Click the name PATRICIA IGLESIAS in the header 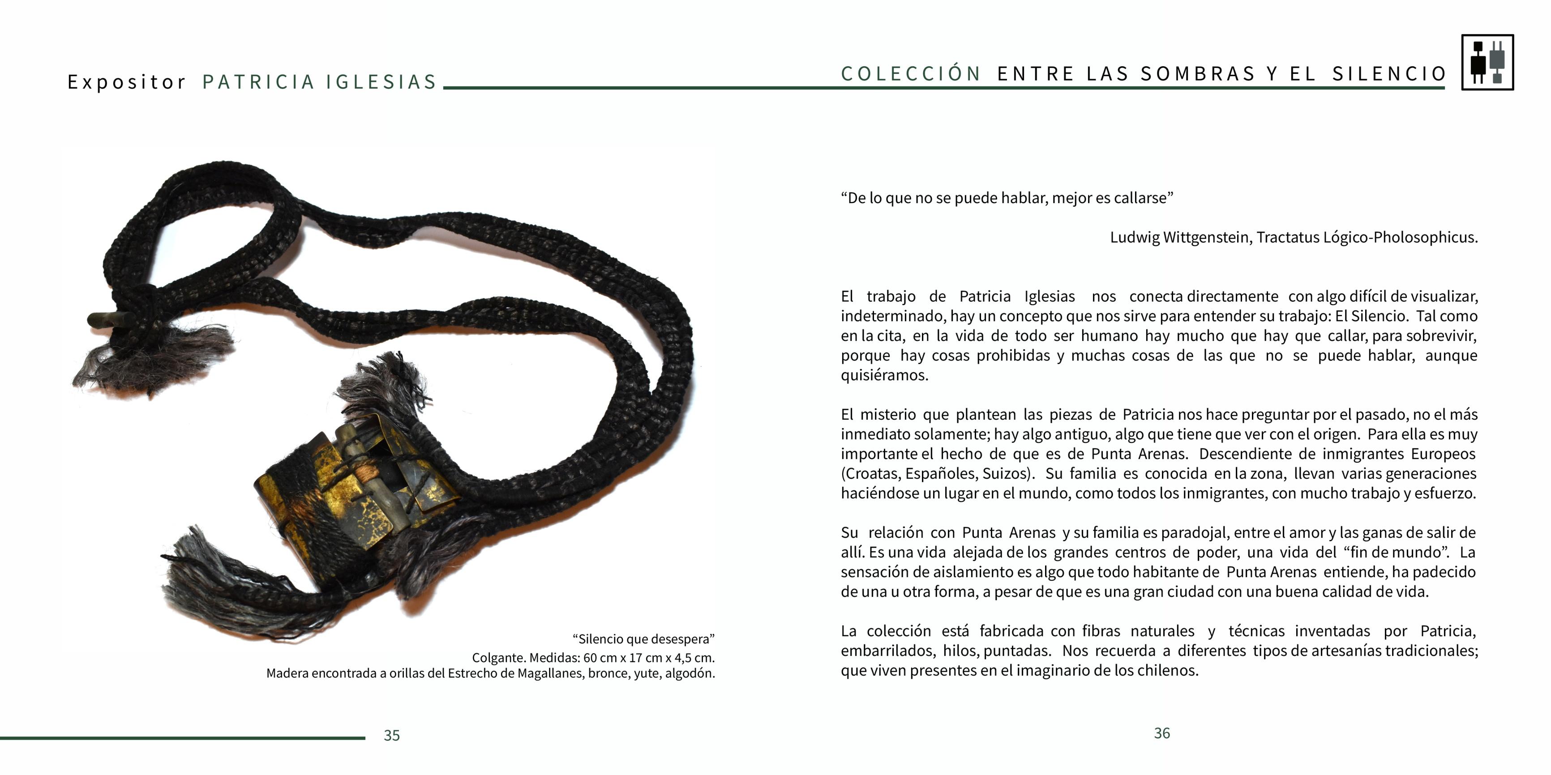319,82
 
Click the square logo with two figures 1487,63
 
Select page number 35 391,735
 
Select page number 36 1161,733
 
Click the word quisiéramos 884,375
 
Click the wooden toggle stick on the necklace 108,319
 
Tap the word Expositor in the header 126,82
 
